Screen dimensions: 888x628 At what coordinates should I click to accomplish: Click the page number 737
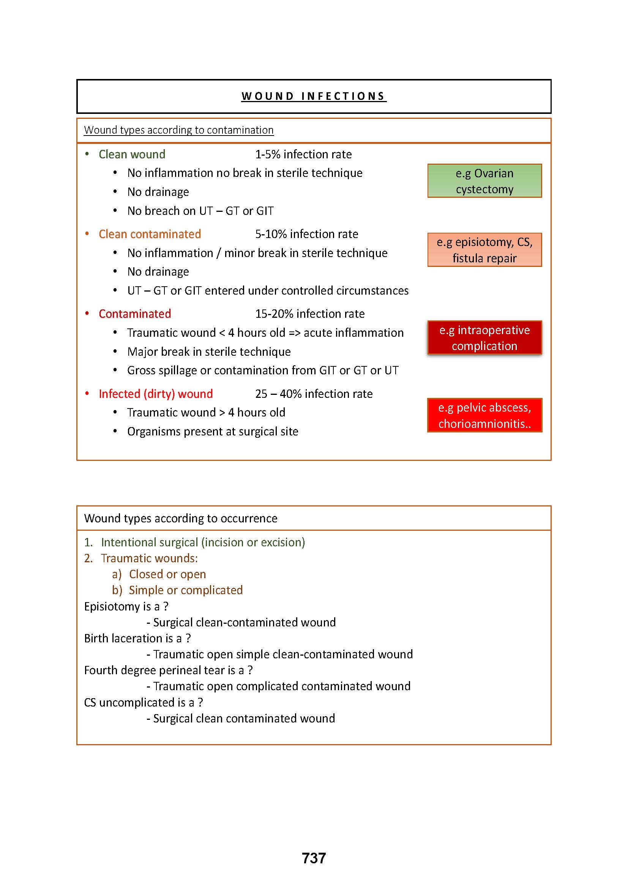314,858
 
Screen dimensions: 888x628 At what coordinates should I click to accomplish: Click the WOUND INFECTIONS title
314,96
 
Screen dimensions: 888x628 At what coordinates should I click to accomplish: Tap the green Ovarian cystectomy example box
484,181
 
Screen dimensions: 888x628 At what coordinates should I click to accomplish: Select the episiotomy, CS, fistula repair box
484,250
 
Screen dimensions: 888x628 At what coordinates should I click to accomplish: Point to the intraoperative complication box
484,338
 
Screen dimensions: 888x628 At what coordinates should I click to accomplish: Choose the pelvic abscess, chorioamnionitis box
484,415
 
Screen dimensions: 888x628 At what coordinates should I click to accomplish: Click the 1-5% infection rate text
303,154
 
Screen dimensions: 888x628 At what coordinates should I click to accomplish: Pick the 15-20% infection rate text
309,314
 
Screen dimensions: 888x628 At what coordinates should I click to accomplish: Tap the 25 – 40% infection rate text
314,394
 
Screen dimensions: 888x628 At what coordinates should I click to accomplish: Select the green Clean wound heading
132,154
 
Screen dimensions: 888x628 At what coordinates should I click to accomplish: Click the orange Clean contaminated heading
150,234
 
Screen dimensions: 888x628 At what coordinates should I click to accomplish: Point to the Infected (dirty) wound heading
155,394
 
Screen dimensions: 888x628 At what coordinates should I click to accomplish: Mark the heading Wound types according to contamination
179,130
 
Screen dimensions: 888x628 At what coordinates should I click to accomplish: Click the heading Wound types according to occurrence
181,518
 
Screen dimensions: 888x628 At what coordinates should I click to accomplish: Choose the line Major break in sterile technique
209,352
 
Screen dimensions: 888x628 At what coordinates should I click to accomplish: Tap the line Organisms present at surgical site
213,431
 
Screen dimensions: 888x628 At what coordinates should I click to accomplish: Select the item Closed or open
167,574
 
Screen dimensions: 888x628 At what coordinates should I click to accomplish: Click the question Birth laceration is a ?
138,638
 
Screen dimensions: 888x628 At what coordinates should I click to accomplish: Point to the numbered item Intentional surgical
203,542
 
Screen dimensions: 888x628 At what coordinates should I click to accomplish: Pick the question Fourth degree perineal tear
169,670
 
